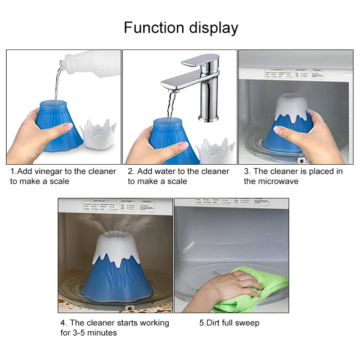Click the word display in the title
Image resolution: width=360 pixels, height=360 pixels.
point(210,28)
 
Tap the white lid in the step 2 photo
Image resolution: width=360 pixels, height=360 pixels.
point(216,153)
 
